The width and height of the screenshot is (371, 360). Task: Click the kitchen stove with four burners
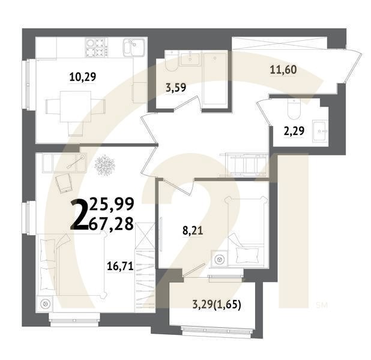click(95, 47)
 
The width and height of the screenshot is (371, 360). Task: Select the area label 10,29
click(83, 76)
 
